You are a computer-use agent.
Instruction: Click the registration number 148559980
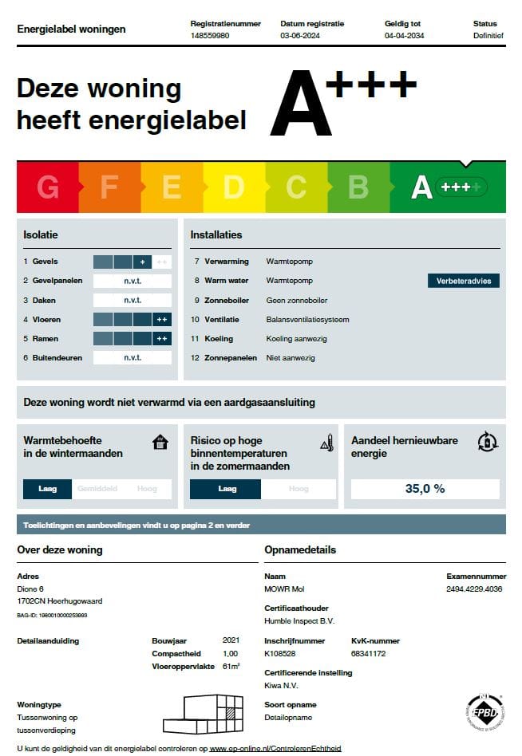pos(210,36)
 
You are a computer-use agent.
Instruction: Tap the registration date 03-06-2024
pos(299,36)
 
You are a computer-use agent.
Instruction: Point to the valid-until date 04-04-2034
pos(404,36)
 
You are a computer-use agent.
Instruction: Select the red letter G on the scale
pos(48,187)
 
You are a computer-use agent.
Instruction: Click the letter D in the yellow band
pos(233,187)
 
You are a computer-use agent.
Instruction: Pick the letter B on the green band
pos(358,187)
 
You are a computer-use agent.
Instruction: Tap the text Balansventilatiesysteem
pos(307,320)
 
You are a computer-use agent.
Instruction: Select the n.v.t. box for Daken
pos(132,301)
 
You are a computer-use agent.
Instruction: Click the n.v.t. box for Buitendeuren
pos(132,358)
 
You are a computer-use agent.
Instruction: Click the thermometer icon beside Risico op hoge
pos(326,443)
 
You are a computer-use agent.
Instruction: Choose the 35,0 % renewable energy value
pos(425,489)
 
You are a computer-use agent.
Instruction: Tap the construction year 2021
pos(231,640)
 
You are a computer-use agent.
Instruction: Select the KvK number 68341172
pos(369,653)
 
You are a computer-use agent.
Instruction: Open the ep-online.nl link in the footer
pos(275,749)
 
